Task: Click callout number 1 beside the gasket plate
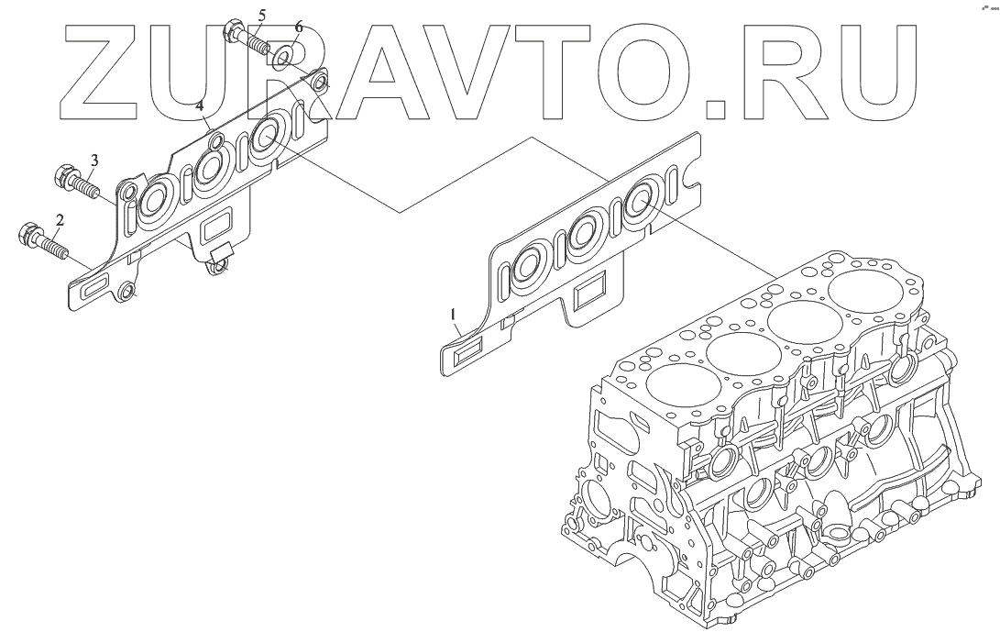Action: coord(454,315)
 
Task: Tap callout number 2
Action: coord(60,221)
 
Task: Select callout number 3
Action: coord(93,160)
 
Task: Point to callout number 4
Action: coord(199,105)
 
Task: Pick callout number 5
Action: coord(262,14)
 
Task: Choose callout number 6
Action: coord(299,28)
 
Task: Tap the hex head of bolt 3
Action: coord(63,173)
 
